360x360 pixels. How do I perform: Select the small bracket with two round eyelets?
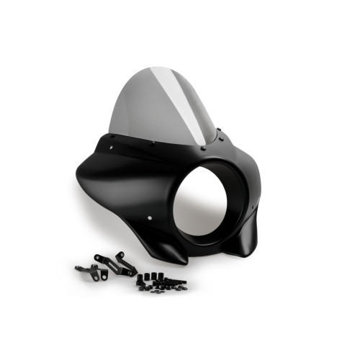[x=88, y=270]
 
